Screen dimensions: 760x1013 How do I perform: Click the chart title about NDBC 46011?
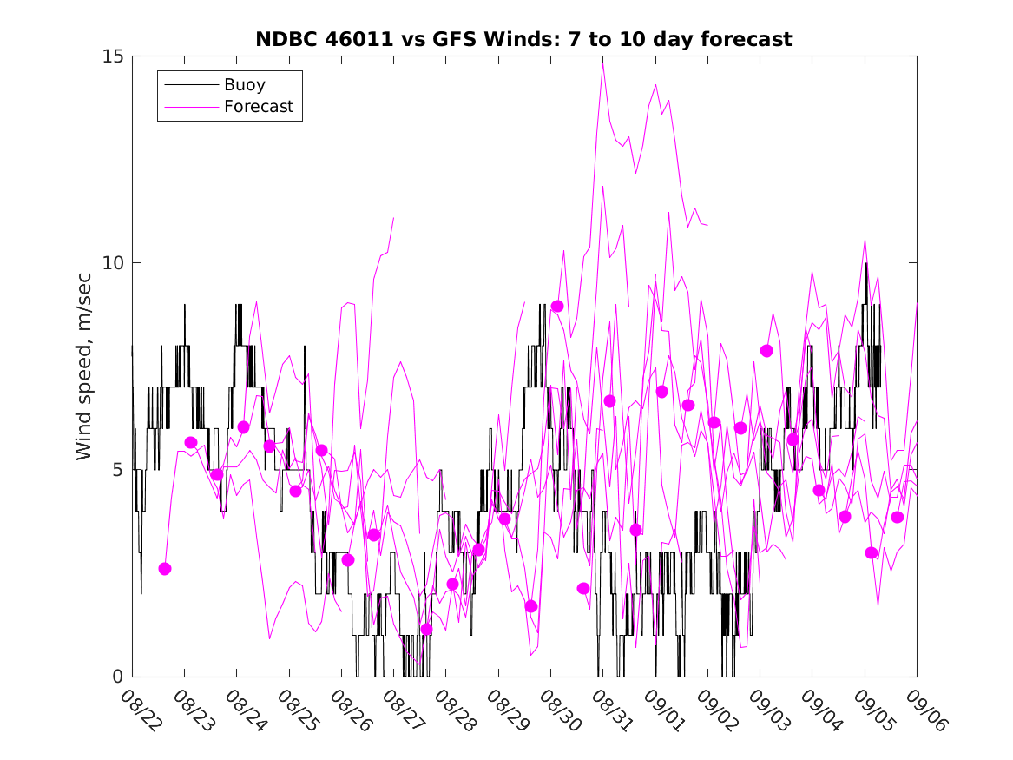(x=523, y=39)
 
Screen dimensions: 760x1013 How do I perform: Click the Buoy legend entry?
(x=245, y=85)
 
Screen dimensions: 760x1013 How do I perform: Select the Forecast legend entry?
(x=258, y=107)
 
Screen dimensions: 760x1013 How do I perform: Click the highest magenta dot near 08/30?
(x=557, y=307)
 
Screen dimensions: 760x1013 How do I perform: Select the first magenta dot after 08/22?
(x=165, y=569)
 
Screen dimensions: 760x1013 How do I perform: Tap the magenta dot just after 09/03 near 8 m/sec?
(x=766, y=351)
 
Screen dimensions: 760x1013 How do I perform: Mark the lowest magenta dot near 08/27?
(x=426, y=630)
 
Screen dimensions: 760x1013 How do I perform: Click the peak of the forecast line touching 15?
(x=602, y=59)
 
